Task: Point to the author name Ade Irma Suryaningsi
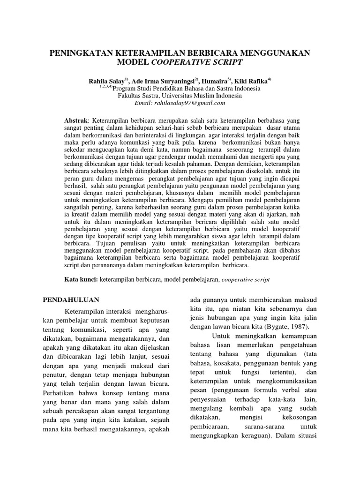[x=164, y=81]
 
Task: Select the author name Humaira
[x=215, y=81]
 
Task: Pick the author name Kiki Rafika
[x=252, y=81]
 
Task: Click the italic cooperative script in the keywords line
[x=244, y=279]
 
